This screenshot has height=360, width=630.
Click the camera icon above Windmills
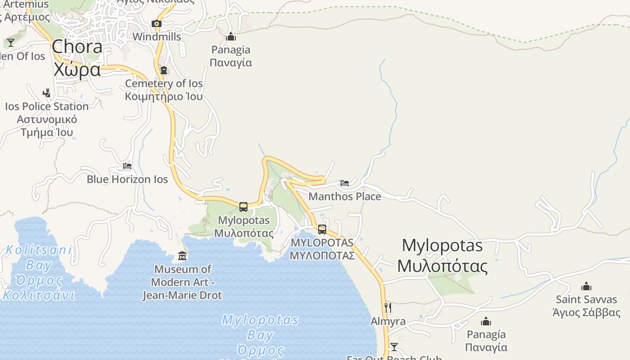157,24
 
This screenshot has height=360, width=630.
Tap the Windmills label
157,37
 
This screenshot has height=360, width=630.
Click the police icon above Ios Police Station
46,93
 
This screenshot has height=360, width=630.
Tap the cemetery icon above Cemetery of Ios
164,70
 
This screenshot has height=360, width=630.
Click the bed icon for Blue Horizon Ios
127,166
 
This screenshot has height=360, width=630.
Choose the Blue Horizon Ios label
127,179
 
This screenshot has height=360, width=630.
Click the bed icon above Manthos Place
345,183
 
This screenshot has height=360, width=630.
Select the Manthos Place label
345,196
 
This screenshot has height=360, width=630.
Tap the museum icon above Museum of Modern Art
182,256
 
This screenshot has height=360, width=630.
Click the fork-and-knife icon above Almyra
388,308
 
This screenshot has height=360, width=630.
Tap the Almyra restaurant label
388,321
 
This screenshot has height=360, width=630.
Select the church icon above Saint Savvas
586,286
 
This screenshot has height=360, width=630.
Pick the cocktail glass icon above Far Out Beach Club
394,346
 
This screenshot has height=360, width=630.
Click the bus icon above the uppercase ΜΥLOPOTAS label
322,229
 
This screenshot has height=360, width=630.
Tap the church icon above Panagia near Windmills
231,36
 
